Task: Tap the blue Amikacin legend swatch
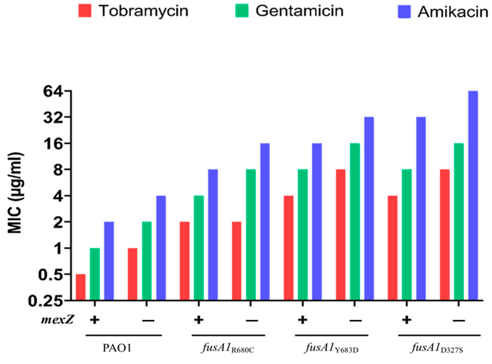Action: (x=404, y=12)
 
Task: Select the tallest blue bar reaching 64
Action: (x=473, y=196)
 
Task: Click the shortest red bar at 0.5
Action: (x=81, y=287)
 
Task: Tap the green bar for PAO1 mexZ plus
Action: (x=95, y=274)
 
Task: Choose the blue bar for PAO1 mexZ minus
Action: (x=161, y=248)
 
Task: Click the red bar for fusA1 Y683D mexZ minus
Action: (x=341, y=235)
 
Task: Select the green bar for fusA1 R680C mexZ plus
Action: (x=199, y=248)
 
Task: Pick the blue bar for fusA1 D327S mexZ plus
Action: (x=421, y=208)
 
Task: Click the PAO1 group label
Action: (x=117, y=348)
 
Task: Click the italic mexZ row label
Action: (x=58, y=320)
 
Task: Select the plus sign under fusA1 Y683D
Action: (x=302, y=320)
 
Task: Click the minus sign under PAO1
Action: (x=148, y=321)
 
